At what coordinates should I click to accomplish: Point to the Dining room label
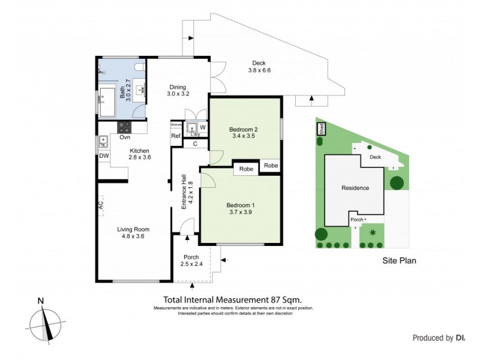point(178,90)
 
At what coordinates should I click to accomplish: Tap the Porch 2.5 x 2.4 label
point(195,260)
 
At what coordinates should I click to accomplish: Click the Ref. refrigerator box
point(176,136)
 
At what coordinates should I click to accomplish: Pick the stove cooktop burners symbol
point(124,127)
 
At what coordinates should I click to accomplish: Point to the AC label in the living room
point(101,205)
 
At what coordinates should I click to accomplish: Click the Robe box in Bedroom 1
point(246,169)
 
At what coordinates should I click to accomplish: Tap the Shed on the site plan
point(321,128)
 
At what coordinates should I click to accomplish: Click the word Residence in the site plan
point(355,188)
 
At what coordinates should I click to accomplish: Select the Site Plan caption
point(399,260)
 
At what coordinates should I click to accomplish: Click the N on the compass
point(40,301)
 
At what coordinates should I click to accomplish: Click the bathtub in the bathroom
point(108,102)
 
